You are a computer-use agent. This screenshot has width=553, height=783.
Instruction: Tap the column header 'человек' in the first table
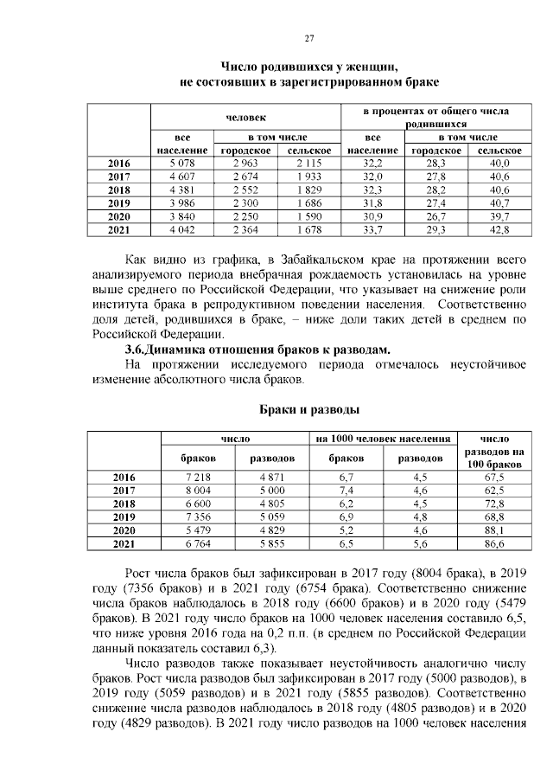pyautogui.click(x=246, y=117)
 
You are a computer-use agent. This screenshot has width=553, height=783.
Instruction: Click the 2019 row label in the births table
pyautogui.click(x=118, y=202)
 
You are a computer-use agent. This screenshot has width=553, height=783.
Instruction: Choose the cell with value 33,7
pyautogui.click(x=372, y=229)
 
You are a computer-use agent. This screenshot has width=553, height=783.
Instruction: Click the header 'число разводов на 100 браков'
pyautogui.click(x=493, y=452)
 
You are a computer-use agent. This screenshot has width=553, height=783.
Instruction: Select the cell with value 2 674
pyautogui.click(x=246, y=176)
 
